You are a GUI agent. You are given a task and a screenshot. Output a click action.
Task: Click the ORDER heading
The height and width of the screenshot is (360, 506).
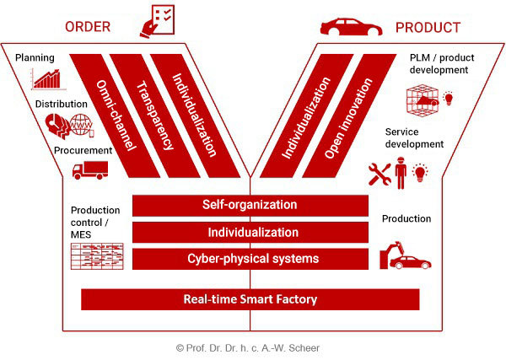point(88,27)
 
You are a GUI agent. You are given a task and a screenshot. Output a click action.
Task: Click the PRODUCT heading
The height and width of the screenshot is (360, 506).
point(428,28)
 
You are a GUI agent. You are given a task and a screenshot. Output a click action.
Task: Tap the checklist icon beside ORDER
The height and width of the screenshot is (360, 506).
point(158,21)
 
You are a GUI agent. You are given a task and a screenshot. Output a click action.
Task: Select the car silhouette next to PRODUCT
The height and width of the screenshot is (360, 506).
point(351,26)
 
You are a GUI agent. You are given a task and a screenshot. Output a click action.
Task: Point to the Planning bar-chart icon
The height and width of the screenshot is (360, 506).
point(47,79)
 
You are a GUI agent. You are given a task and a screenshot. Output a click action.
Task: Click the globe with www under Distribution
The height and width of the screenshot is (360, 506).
point(81,124)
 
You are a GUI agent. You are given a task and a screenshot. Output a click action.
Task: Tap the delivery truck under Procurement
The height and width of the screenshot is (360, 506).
point(90,170)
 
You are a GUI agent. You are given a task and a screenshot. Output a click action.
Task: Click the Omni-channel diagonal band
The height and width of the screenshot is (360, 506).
point(115,116)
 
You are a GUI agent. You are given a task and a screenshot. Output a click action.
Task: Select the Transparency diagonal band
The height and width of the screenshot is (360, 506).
point(155,116)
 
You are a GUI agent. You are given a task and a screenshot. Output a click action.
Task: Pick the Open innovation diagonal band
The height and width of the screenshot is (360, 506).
point(349,116)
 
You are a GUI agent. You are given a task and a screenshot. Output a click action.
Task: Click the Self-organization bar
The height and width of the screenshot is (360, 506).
point(250,205)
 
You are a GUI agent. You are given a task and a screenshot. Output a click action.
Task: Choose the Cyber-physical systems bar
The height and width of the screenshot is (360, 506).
point(250,259)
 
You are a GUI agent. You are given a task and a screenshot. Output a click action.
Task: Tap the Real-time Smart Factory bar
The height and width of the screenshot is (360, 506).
point(250,299)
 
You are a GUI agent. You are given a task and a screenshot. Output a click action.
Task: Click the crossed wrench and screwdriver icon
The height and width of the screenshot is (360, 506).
point(379,174)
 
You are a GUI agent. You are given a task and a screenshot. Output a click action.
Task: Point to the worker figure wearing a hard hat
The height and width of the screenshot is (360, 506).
point(401,173)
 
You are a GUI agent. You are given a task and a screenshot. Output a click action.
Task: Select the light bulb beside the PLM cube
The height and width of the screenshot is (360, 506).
point(449,98)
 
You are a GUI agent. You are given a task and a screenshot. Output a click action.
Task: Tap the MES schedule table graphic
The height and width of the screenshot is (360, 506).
point(97,256)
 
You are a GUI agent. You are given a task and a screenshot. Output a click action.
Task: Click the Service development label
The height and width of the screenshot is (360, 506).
point(414,138)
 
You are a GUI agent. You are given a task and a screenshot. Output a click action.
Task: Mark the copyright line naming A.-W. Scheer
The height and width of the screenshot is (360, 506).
point(248,348)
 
